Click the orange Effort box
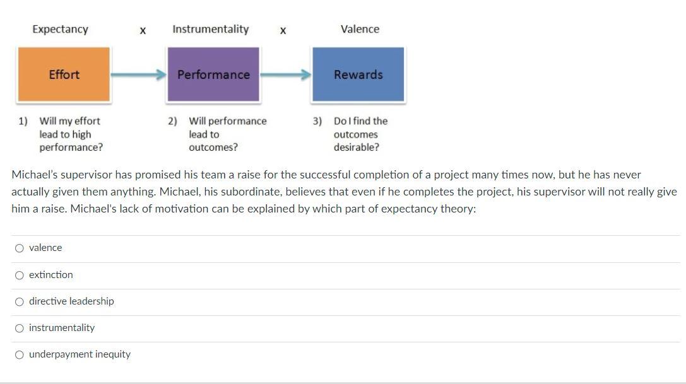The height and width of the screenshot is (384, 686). pos(64,74)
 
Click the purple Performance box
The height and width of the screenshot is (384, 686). pos(213,74)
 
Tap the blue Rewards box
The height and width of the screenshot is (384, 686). pos(358,74)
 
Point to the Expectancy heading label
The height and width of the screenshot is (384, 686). pos(61,29)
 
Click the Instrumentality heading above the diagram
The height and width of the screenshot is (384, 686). pos(210,29)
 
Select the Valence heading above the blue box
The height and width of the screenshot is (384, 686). pos(360,29)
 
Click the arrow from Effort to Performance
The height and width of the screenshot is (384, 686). pos(138,74)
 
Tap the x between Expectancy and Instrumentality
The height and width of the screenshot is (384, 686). pos(143,30)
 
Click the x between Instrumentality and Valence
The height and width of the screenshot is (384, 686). pos(283,30)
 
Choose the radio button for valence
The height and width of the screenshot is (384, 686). pos(20,248)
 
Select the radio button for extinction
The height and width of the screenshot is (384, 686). pos(20,275)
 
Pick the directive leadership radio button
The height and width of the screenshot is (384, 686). pos(20,301)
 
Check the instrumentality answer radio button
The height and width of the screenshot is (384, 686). pos(20,328)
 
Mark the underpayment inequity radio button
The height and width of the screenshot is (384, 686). pos(20,354)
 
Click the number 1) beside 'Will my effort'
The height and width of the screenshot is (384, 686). pos(23,120)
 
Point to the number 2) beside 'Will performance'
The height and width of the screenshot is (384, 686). pos(172,120)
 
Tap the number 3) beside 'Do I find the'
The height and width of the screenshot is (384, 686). pos(317,120)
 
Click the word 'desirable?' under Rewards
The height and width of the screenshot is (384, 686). pos(357,148)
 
